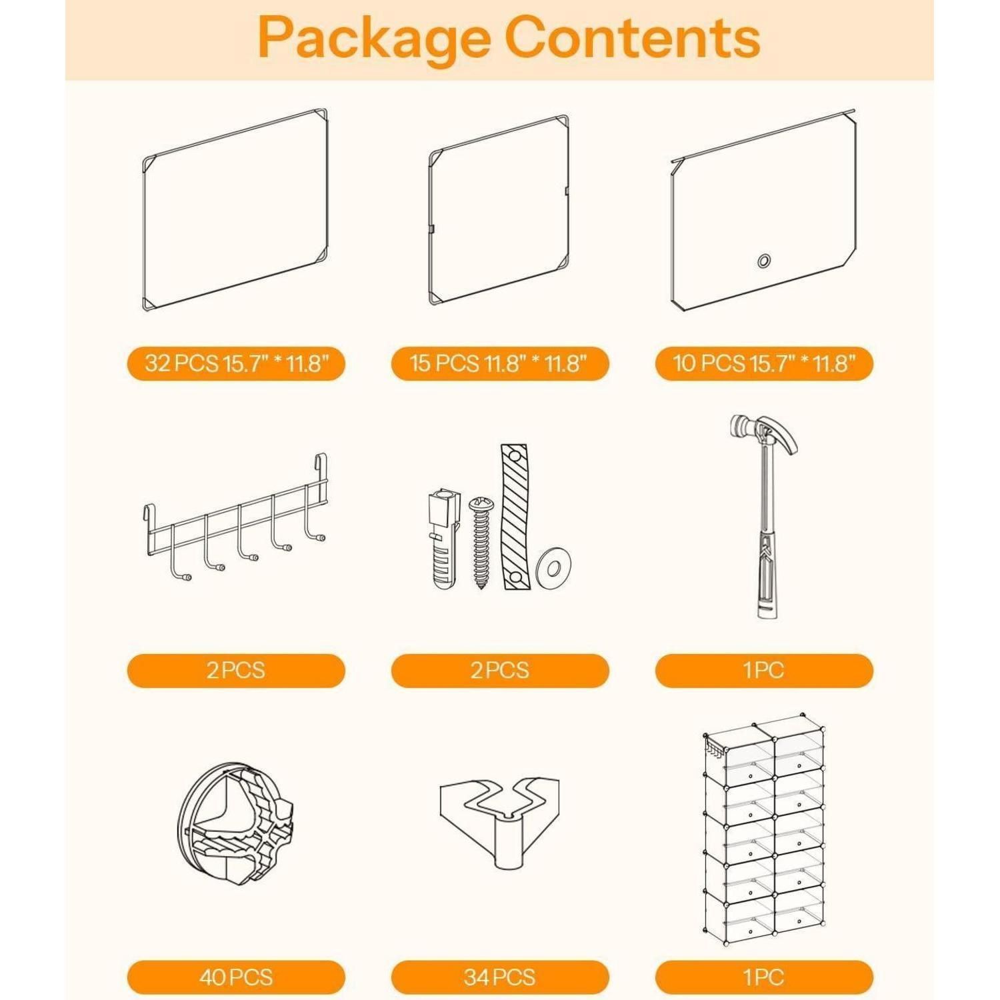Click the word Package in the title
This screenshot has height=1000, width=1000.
[373, 38]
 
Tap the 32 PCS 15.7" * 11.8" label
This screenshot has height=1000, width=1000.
[237, 363]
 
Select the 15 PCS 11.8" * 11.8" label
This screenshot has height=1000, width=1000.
[499, 363]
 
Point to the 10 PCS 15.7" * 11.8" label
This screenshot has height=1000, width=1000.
[764, 363]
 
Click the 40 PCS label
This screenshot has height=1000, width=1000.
[237, 977]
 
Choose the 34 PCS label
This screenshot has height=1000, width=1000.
[499, 977]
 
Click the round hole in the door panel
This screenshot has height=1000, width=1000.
[764, 261]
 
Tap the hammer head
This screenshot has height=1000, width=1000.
[764, 433]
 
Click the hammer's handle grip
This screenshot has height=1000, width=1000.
[767, 573]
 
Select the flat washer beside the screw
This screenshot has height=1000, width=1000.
[554, 569]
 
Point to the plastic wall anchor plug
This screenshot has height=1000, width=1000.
[443, 540]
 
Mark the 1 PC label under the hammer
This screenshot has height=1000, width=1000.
[764, 671]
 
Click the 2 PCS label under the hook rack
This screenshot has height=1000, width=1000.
[237, 671]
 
